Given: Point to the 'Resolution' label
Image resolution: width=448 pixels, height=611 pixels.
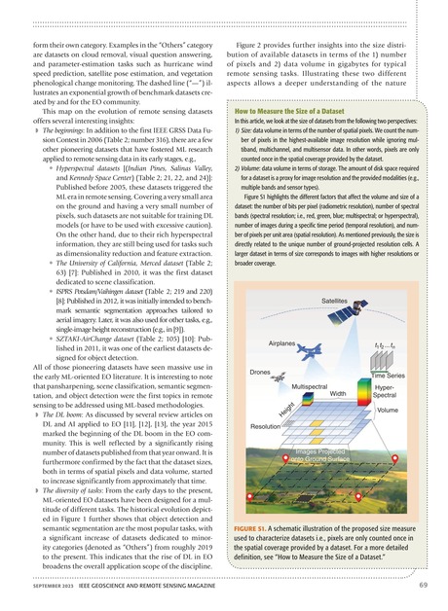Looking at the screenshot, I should pyautogui.click(x=268, y=454).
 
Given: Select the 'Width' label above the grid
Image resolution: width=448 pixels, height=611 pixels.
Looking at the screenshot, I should pyautogui.click(x=338, y=421).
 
